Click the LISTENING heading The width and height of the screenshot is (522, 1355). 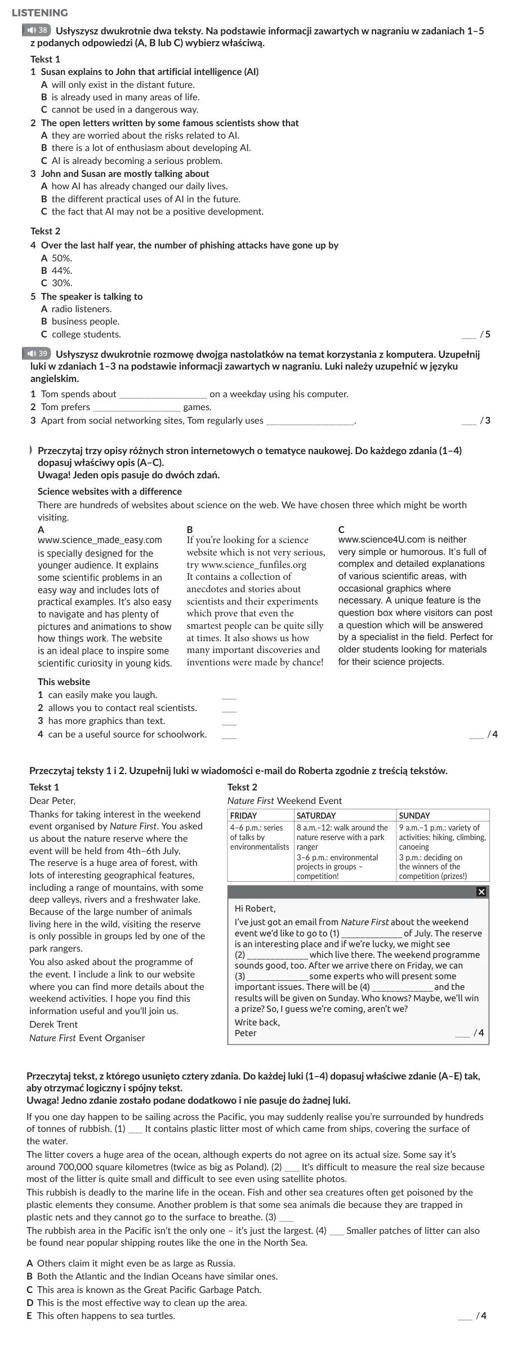39,13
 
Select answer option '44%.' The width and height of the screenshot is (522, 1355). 62,270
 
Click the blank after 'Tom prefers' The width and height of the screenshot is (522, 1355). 136,407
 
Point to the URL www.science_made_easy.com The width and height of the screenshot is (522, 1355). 100,540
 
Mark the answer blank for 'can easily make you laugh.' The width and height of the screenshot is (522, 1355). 229,695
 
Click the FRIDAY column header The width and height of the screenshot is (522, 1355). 244,815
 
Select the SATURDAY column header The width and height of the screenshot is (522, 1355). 316,815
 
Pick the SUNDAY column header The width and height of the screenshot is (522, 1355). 414,815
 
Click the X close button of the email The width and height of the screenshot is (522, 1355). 481,891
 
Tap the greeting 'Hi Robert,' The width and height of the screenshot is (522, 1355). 255,908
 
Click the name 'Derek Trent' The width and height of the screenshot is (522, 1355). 53,1024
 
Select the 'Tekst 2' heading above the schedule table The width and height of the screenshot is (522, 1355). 242,787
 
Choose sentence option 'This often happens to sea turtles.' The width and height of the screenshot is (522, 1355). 106,1316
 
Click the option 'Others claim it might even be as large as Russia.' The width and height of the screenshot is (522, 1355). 136,1263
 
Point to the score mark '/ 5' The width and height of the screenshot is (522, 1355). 485,334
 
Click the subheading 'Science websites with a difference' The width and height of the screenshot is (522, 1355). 110,491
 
